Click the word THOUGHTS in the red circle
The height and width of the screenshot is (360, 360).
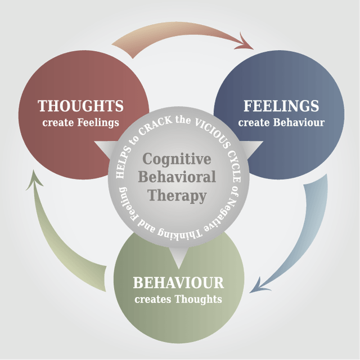[80, 106]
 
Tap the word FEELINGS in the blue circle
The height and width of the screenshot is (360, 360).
[281, 106]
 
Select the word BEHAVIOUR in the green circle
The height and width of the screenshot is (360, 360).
[178, 282]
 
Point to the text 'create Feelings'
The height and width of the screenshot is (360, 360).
[80, 122]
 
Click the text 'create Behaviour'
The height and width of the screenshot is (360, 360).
[281, 122]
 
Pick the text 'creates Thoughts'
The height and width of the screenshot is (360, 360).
[178, 299]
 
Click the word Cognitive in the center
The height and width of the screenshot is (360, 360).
[177, 159]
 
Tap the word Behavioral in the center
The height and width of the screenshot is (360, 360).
[177, 177]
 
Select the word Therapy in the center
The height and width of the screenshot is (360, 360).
[177, 196]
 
